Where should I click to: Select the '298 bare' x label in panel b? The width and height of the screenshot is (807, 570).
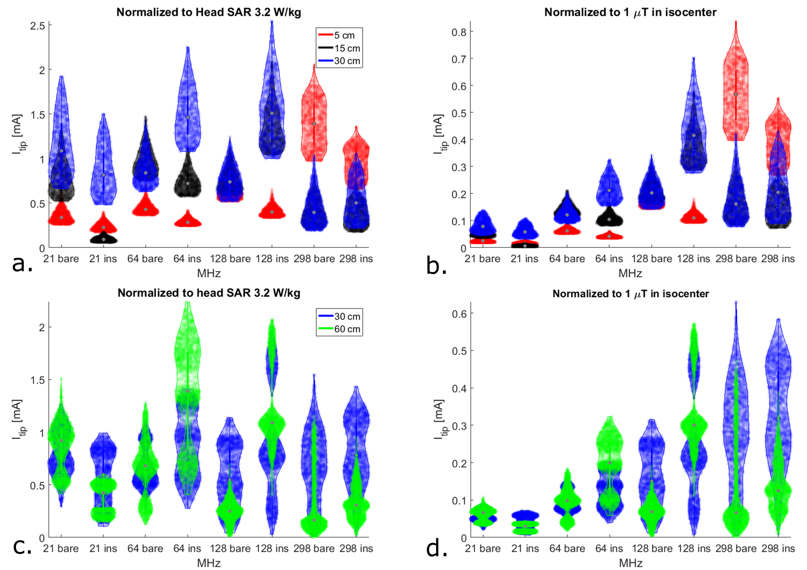tap(736, 259)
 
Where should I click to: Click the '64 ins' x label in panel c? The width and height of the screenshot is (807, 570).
tap(187, 548)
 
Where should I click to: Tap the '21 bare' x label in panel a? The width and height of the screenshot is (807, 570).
tap(61, 259)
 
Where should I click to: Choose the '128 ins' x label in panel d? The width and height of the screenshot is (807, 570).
tap(694, 548)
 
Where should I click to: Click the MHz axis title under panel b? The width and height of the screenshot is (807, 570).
tap(630, 273)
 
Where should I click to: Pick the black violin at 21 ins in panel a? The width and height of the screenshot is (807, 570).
tap(103, 239)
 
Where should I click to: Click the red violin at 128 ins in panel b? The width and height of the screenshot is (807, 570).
tap(694, 218)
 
